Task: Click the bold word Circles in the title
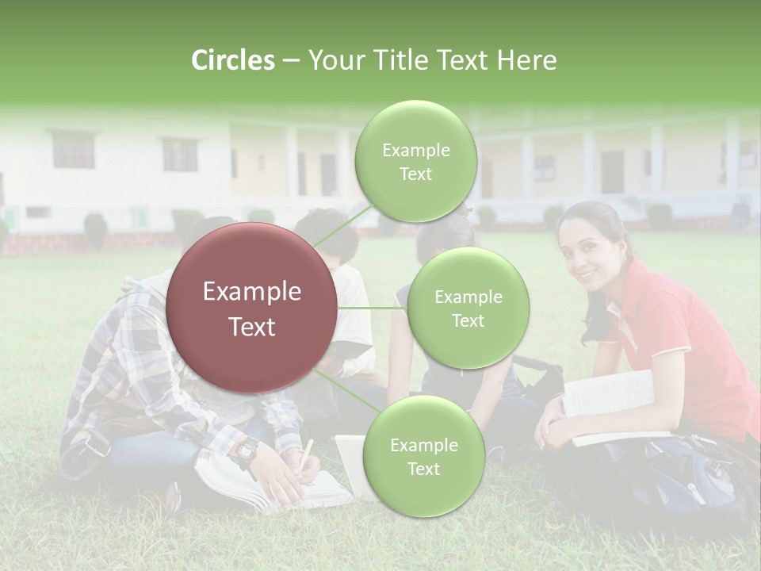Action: [x=233, y=60]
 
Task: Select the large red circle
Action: [x=252, y=308]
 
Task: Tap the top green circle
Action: [x=416, y=161]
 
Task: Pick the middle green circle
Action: [x=468, y=308]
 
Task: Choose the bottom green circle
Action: [x=424, y=456]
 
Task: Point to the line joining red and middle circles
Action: [x=373, y=308]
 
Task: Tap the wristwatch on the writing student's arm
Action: [x=247, y=451]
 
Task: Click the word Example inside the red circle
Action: [x=252, y=292]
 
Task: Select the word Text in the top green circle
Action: [x=415, y=174]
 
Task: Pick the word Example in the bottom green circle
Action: [x=424, y=445]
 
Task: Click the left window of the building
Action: [x=73, y=151]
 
